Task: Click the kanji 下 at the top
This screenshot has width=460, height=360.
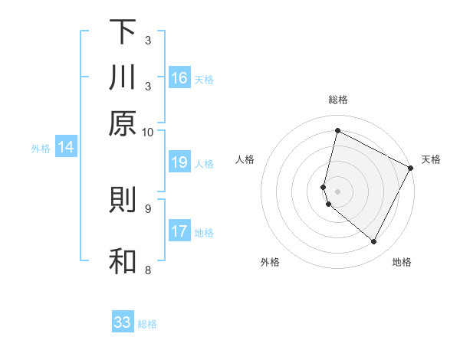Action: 123,32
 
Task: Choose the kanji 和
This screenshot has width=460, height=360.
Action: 123,261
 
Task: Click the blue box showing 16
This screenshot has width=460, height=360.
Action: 179,78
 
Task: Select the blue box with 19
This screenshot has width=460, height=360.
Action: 179,162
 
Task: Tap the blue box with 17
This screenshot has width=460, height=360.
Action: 179,231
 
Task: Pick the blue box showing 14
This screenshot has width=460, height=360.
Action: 65,148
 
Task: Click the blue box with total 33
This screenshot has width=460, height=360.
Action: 123,322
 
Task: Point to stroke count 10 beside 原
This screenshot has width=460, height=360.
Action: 148,132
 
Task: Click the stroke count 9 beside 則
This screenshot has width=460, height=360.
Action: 148,208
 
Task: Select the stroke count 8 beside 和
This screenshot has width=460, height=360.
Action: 148,270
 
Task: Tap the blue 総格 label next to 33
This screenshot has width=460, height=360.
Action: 147,324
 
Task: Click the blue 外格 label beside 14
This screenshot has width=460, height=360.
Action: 41,149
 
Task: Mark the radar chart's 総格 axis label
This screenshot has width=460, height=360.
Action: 337,100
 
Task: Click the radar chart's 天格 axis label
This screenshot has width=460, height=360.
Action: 431,159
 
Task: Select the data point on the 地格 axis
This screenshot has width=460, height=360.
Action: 374,242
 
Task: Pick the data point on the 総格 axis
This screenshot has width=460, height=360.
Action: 337,130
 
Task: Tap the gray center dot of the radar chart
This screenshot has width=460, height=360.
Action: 337,191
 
